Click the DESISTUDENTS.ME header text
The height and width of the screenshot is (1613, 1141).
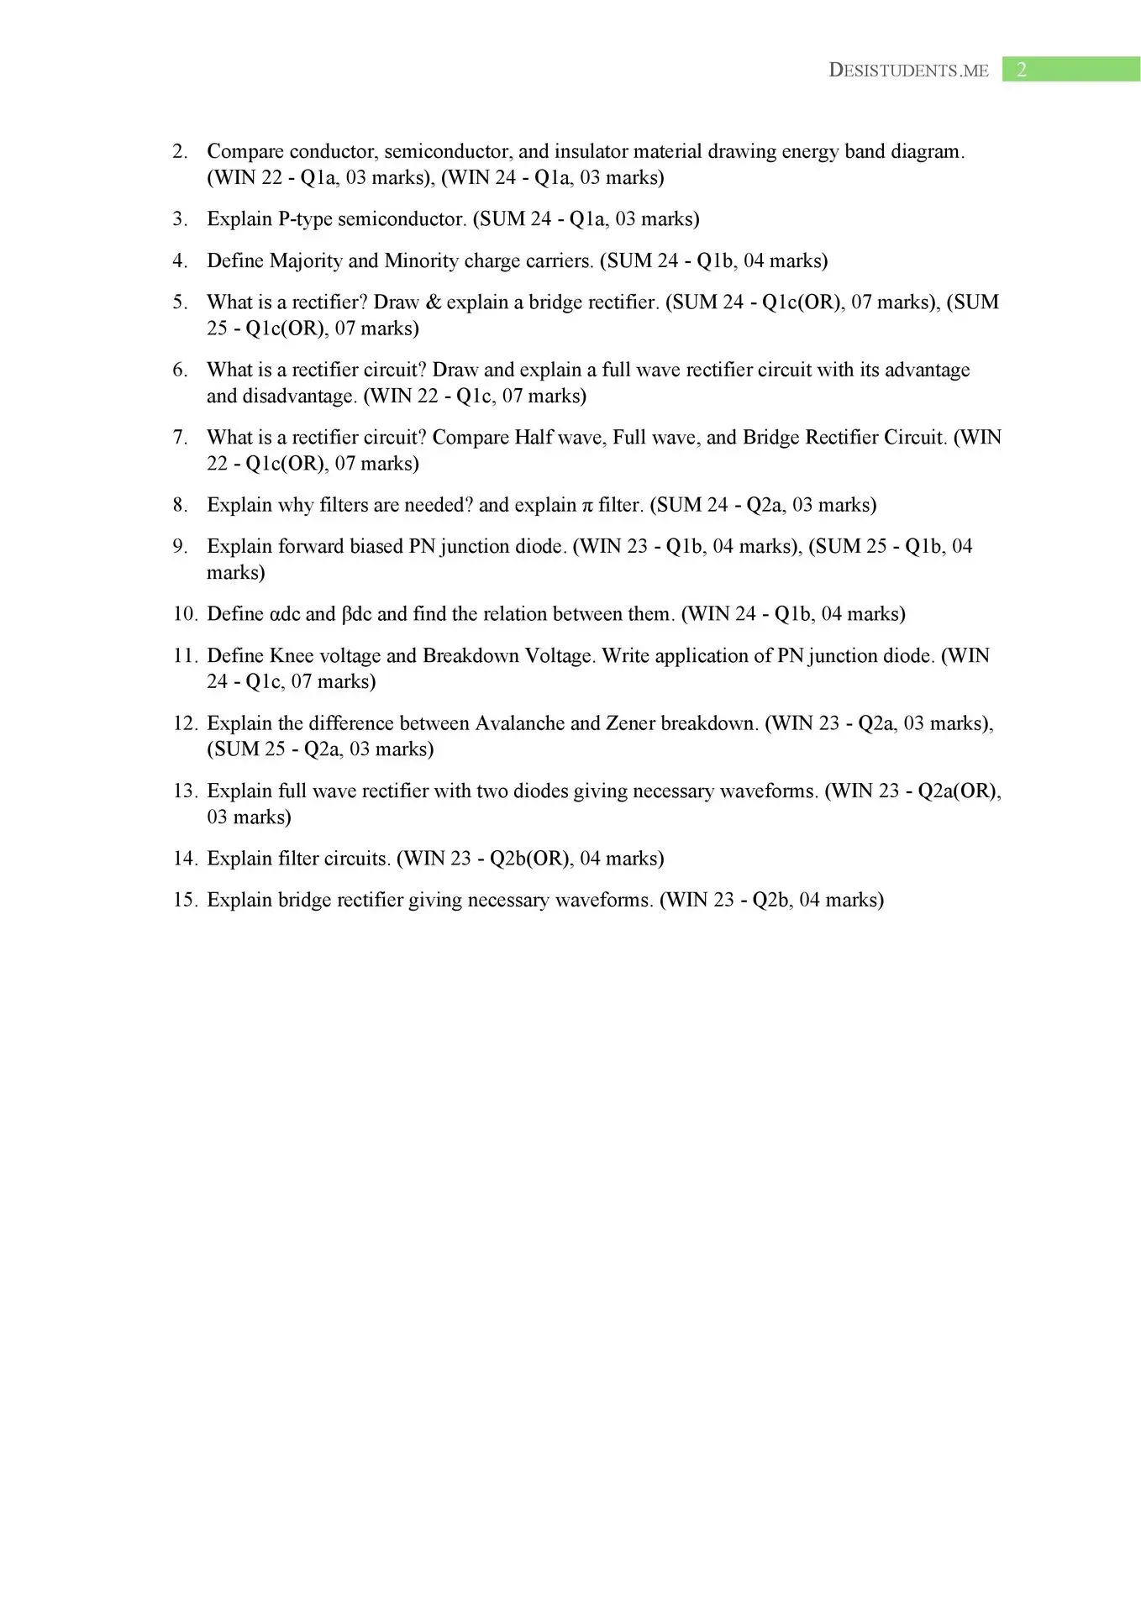pyautogui.click(x=908, y=71)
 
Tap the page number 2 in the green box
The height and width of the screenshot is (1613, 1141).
pyautogui.click(x=1021, y=70)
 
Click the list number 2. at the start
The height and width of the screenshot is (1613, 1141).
pyautogui.click(x=180, y=152)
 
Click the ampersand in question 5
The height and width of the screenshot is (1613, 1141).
pyautogui.click(x=433, y=302)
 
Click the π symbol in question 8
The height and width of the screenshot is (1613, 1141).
pyautogui.click(x=587, y=506)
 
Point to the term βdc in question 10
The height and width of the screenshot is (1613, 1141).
pyautogui.click(x=356, y=614)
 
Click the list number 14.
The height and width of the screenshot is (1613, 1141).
pyautogui.click(x=184, y=859)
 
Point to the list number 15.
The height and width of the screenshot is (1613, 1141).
pyautogui.click(x=184, y=901)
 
